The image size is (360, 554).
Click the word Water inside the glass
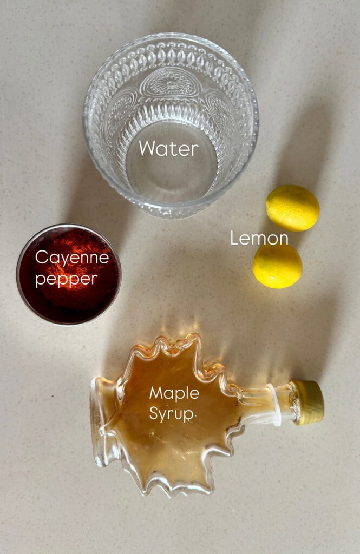(168, 148)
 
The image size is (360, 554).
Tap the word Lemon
(259, 239)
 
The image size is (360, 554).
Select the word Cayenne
(71, 259)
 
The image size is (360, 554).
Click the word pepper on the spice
(66, 279)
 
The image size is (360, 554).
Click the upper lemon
(292, 208)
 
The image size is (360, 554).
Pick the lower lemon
(277, 266)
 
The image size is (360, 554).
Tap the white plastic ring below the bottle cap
(274, 404)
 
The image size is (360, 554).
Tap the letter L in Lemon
(234, 239)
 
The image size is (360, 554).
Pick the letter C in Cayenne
(41, 258)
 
